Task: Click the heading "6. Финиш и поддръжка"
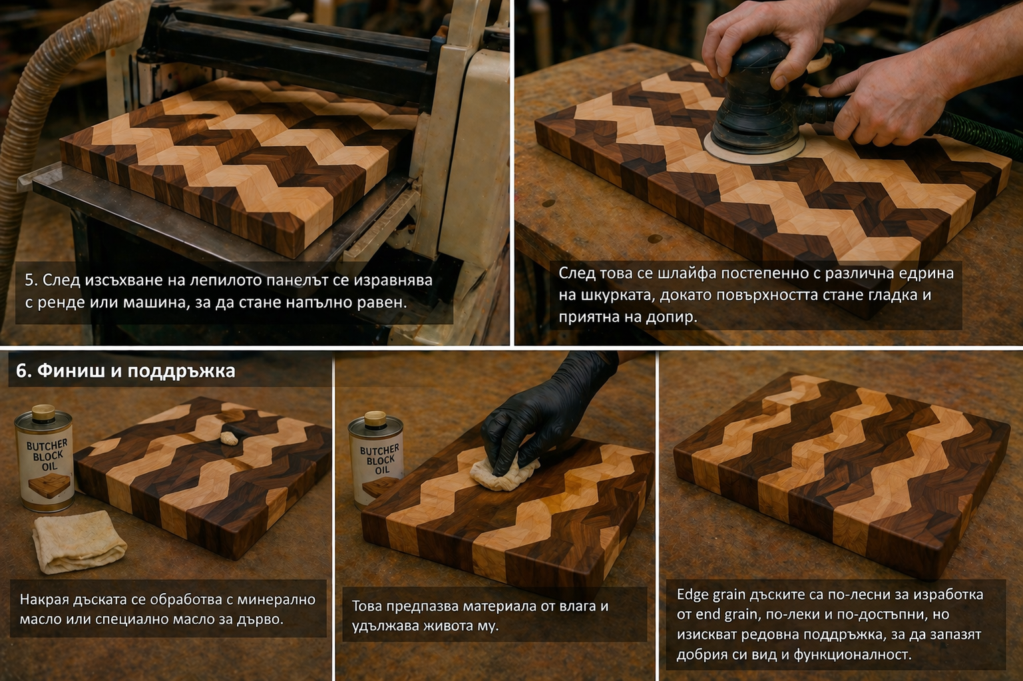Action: click(x=126, y=371)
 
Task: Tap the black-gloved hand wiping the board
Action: click(x=544, y=415)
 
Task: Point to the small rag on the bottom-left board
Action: click(x=229, y=439)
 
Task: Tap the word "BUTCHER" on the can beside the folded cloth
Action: click(x=47, y=446)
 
